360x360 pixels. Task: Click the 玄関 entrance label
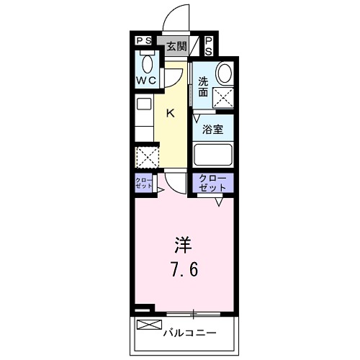click(x=176, y=47)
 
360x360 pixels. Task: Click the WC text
click(x=147, y=81)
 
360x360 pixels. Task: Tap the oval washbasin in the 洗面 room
click(x=224, y=73)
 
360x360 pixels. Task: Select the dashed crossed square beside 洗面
click(x=223, y=96)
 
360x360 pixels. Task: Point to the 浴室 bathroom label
click(x=212, y=130)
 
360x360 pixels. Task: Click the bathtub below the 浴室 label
click(x=212, y=156)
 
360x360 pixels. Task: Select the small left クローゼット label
click(x=143, y=183)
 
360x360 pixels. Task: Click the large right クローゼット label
click(x=212, y=183)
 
